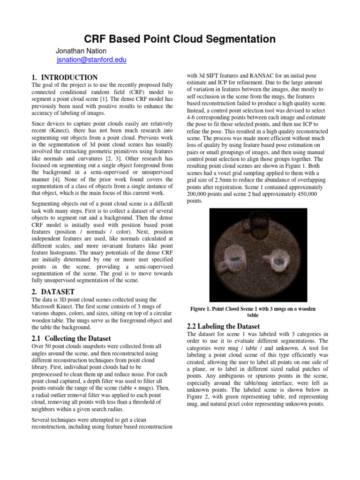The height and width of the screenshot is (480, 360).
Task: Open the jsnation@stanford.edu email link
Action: pyautogui.click(x=91, y=60)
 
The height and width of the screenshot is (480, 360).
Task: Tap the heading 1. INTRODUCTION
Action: pyautogui.click(x=64, y=77)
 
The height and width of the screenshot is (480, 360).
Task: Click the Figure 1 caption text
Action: pyautogui.click(x=253, y=312)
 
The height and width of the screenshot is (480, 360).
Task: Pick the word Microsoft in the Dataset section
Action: pyautogui.click(x=46, y=307)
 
